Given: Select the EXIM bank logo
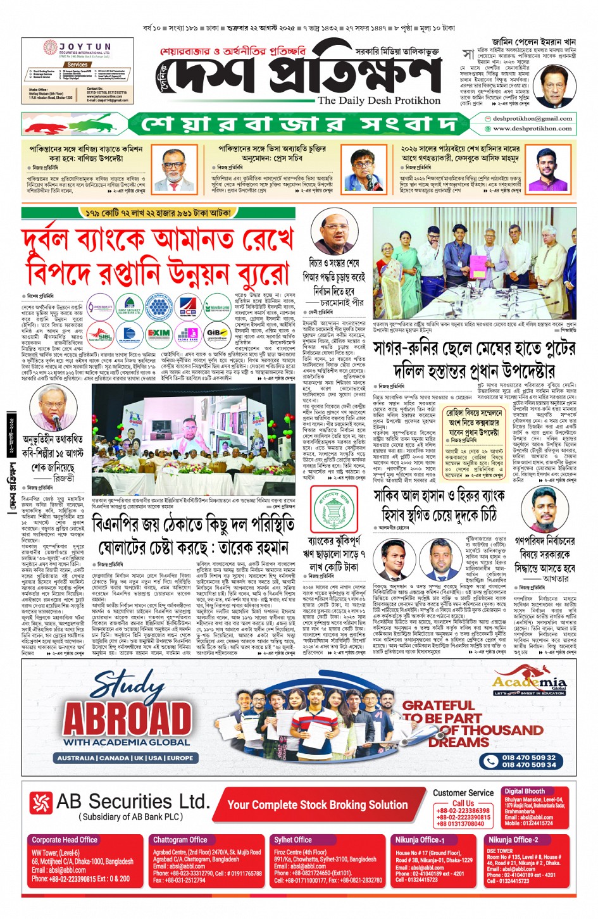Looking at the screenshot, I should [158, 334].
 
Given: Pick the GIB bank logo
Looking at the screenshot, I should [217, 334].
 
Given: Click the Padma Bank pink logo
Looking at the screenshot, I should [187, 334].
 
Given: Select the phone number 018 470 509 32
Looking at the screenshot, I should [528, 757].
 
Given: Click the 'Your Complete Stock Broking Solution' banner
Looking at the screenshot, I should [317, 804].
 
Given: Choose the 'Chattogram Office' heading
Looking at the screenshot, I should [180, 840].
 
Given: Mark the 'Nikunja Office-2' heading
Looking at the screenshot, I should [513, 840].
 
